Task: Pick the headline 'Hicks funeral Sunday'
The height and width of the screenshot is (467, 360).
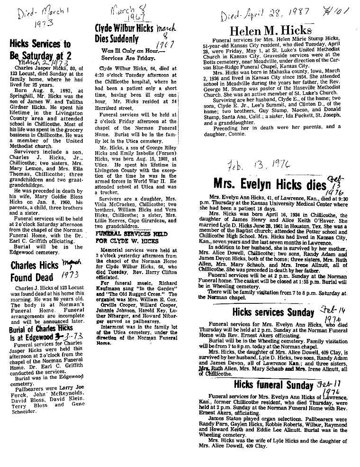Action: point(267,385)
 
